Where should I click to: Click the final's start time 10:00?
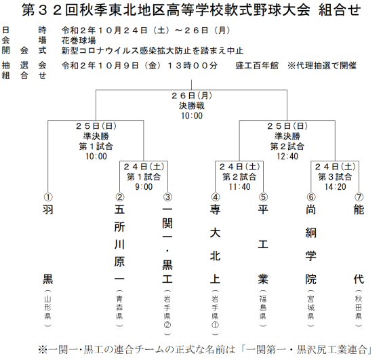192,116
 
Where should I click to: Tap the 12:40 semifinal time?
287,157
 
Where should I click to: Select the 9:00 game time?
144,187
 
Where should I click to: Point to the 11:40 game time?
239,187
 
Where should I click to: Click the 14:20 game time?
335,187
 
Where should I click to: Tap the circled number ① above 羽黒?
48,197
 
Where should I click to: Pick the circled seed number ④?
216,197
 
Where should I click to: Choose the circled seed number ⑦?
359,197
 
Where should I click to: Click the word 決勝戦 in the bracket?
192,106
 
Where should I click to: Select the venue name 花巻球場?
79,40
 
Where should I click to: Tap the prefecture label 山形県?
48,308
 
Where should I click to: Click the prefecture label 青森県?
119,308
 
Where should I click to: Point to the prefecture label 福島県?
263,308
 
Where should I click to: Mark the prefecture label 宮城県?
310,308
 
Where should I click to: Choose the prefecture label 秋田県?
359,308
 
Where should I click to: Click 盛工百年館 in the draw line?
257,66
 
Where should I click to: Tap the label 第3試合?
335,176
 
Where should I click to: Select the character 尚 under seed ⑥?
310,209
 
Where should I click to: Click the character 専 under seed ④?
215,209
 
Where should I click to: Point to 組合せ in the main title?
340,10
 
